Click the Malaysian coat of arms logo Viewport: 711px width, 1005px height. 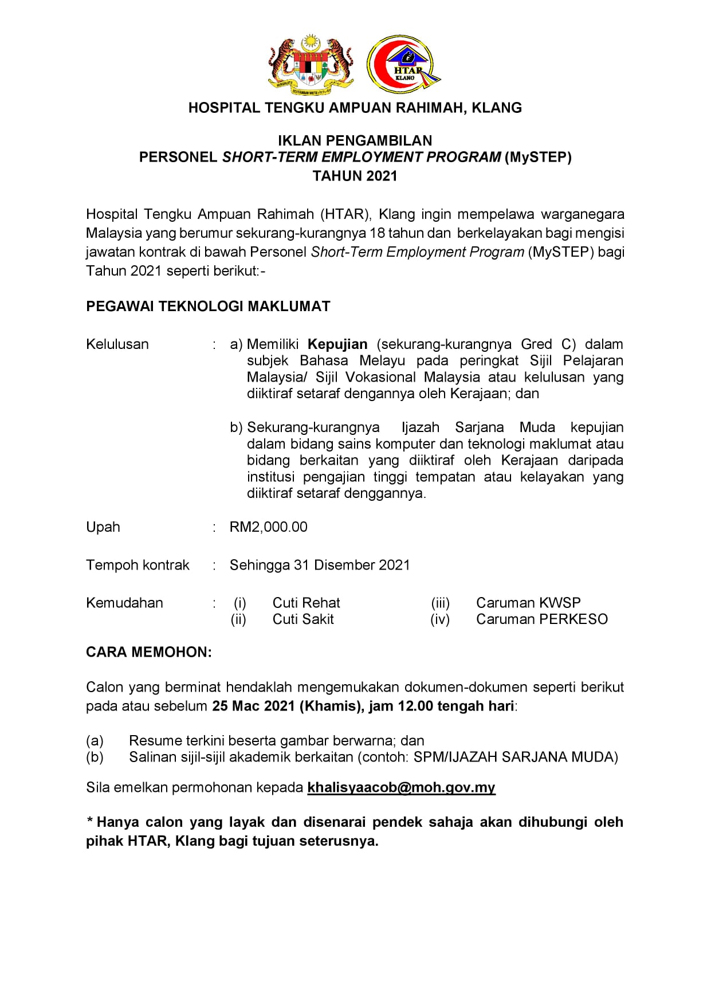[x=311, y=64]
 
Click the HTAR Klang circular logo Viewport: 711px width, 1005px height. [x=403, y=64]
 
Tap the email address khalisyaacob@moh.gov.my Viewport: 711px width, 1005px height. [x=401, y=787]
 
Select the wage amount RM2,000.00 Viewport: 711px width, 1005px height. [x=268, y=527]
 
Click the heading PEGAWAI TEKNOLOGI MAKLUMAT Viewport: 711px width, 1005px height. [x=208, y=306]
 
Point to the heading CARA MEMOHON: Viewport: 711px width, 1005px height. [x=149, y=652]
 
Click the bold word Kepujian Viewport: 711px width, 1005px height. [x=337, y=344]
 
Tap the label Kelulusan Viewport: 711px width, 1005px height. [x=117, y=344]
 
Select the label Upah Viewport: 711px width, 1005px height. [x=103, y=527]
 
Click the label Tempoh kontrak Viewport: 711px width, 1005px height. [x=138, y=565]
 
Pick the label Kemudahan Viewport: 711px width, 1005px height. [x=124, y=603]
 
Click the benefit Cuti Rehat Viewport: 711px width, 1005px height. [x=306, y=603]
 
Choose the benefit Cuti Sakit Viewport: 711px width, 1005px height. [x=303, y=619]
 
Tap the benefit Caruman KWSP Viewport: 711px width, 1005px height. [x=528, y=603]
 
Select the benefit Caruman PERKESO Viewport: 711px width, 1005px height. [x=541, y=619]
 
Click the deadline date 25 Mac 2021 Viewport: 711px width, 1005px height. [x=253, y=706]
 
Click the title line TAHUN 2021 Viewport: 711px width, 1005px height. [x=355, y=176]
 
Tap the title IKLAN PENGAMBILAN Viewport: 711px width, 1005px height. [x=355, y=140]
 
